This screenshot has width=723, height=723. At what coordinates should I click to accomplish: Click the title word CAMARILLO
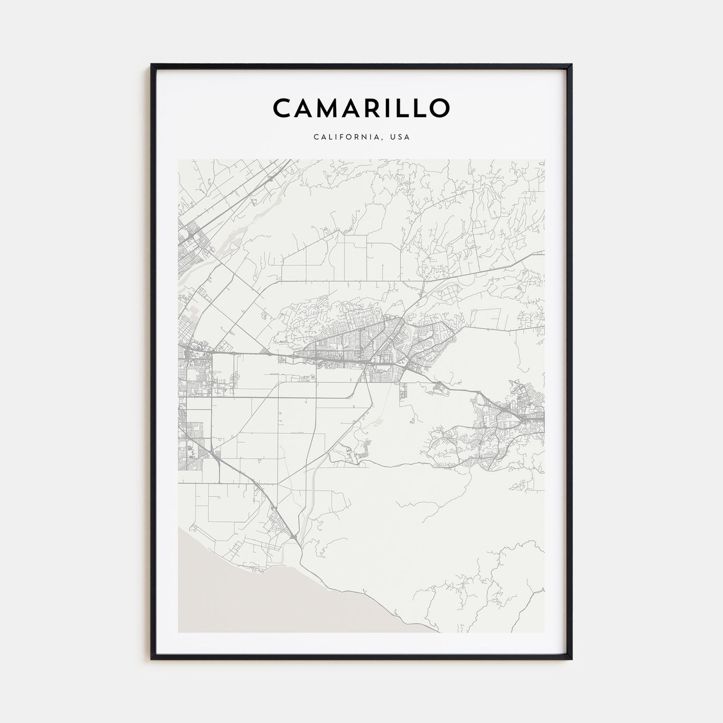pyautogui.click(x=361, y=107)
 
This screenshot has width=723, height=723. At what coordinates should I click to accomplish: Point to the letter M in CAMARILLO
pyautogui.click(x=332, y=107)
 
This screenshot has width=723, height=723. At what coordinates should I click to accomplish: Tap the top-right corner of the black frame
pyautogui.click(x=572, y=65)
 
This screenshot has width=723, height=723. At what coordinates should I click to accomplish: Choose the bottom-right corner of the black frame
pyautogui.click(x=572, y=659)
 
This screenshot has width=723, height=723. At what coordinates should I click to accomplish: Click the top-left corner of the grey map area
pyautogui.click(x=178, y=159)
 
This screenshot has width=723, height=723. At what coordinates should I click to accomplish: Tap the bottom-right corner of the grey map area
pyautogui.click(x=545, y=632)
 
